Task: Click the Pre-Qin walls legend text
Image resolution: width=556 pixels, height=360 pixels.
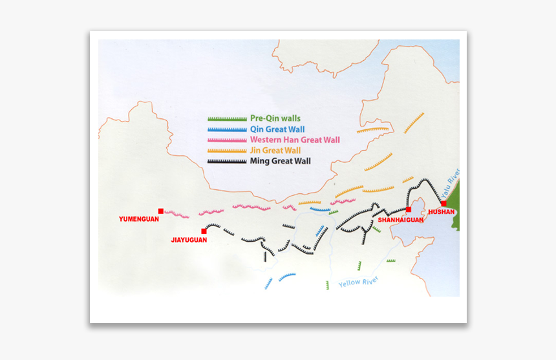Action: pyautogui.click(x=275, y=119)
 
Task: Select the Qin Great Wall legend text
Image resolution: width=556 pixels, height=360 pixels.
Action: pyautogui.click(x=277, y=129)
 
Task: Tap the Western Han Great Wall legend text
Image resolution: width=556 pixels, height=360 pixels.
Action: pyautogui.click(x=295, y=140)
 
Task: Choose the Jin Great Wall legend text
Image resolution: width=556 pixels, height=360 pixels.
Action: pyautogui.click(x=276, y=150)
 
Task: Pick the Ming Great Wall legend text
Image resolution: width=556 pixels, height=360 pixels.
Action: pyautogui.click(x=281, y=160)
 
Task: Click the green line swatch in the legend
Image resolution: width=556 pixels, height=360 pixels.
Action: pyautogui.click(x=228, y=119)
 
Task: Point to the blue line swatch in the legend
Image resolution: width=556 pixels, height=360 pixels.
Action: pyautogui.click(x=228, y=129)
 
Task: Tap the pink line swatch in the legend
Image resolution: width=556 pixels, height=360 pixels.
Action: pyautogui.click(x=228, y=140)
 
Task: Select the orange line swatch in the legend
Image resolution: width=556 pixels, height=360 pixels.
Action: pyautogui.click(x=228, y=150)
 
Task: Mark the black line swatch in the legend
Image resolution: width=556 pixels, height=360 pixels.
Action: pyautogui.click(x=228, y=160)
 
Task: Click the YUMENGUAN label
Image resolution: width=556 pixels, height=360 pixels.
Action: pyautogui.click(x=139, y=219)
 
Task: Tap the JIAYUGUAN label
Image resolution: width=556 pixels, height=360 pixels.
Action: pyautogui.click(x=189, y=240)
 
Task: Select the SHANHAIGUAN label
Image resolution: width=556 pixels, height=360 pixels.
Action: pyautogui.click(x=401, y=220)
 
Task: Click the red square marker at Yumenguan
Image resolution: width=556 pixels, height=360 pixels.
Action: pyautogui.click(x=160, y=211)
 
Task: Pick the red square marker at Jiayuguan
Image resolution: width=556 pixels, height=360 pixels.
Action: pyautogui.click(x=204, y=231)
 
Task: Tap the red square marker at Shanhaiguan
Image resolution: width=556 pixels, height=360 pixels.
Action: pyautogui.click(x=409, y=209)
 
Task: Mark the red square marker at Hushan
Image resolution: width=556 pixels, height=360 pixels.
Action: pyautogui.click(x=444, y=204)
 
